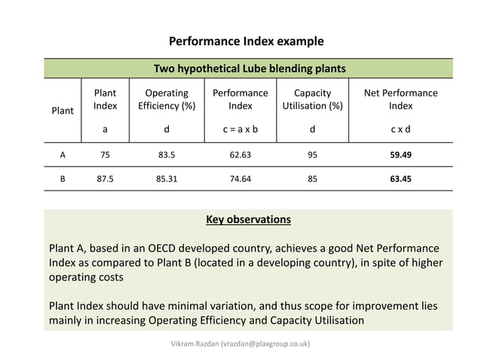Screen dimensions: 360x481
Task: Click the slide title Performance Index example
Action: pos(246,41)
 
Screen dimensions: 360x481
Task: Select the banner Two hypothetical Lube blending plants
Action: pos(250,69)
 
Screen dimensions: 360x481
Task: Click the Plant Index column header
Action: pos(105,99)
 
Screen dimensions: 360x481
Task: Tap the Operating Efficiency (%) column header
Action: pos(167,99)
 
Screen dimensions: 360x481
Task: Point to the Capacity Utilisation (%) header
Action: pos(312,99)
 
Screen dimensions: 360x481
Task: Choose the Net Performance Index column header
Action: pos(400,99)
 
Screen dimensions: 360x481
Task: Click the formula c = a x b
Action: pos(240,129)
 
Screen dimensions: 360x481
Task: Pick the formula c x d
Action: pos(400,129)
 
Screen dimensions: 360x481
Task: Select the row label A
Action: pos(63,155)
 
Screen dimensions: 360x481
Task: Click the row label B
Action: pos(63,179)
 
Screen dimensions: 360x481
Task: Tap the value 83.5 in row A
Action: pos(167,155)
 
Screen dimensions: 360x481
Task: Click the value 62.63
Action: pos(240,155)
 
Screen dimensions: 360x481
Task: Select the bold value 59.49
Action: pos(400,155)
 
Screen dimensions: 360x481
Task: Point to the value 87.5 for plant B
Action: pos(105,179)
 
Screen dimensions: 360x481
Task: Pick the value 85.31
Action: pos(167,179)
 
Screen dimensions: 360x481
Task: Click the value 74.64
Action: pos(240,179)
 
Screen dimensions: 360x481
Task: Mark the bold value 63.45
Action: pos(400,179)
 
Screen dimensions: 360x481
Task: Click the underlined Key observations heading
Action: pos(248,220)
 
